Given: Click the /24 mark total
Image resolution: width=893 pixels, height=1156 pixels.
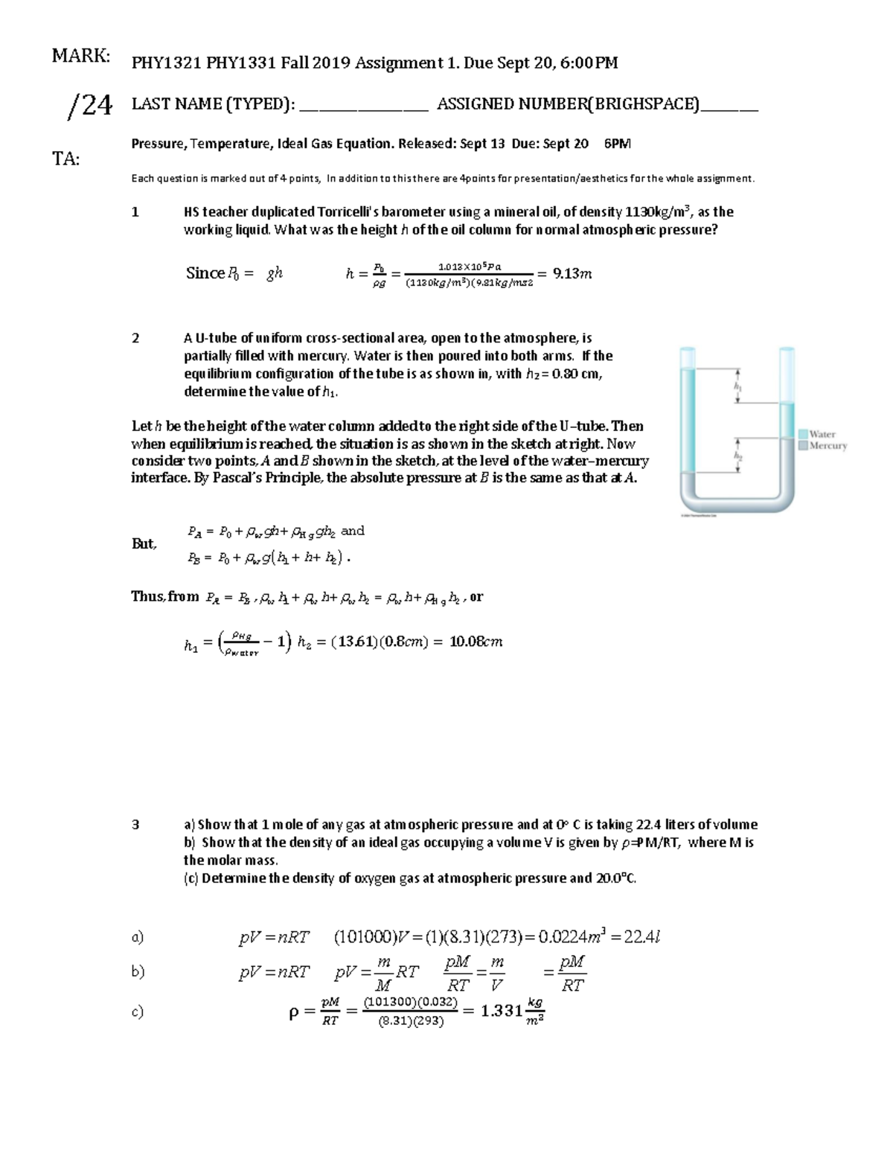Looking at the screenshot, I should point(90,106).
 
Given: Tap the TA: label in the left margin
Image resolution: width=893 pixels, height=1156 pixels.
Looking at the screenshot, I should point(65,159).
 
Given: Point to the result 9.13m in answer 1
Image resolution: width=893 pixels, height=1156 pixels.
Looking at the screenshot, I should point(572,274).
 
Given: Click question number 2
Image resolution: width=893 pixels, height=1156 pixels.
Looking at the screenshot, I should point(135,338).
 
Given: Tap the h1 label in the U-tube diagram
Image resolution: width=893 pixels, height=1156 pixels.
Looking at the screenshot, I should point(737,386).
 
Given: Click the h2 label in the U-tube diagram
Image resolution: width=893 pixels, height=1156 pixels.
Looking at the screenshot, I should point(737,455).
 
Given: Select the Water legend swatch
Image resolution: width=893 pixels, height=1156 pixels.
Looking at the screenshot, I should point(803,434).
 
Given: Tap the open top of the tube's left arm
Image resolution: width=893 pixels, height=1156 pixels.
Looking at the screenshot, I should point(688,350).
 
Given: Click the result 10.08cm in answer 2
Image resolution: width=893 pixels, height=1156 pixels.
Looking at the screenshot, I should point(476,642).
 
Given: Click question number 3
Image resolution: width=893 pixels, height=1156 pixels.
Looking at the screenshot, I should point(135,824).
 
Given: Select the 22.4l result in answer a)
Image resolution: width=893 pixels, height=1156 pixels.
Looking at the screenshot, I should point(641,937).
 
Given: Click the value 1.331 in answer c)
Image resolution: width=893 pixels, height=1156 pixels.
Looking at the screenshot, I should point(501,1011).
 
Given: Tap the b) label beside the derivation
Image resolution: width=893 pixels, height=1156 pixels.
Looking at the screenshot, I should point(138,971).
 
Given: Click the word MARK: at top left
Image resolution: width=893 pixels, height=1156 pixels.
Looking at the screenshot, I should point(81,56).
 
